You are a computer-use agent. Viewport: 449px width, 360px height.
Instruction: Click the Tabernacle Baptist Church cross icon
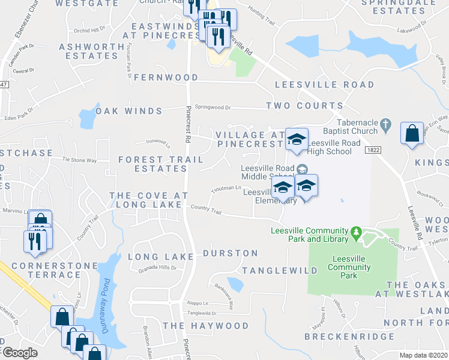pyautogui.click(x=387, y=126)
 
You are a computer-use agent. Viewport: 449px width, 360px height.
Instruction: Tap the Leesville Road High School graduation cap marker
pyautogui.click(x=296, y=140)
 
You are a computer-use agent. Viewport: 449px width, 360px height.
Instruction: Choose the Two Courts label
pyautogui.click(x=296, y=106)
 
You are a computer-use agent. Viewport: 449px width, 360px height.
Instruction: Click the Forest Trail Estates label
pyautogui.click(x=153, y=164)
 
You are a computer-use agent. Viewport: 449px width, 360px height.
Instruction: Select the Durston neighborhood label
pyautogui.click(x=231, y=253)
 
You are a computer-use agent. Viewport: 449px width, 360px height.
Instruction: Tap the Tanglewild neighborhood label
pyautogui.click(x=279, y=271)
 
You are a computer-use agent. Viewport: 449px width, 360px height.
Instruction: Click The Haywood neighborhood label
pyautogui.click(x=206, y=326)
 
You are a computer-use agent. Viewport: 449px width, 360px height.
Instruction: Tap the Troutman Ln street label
pyautogui.click(x=226, y=190)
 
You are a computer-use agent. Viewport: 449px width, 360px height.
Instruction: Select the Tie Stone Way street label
pyautogui.click(x=79, y=161)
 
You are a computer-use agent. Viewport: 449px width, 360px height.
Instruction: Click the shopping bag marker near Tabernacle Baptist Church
pyautogui.click(x=412, y=135)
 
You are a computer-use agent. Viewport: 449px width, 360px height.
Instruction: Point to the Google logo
pyautogui.click(x=20, y=353)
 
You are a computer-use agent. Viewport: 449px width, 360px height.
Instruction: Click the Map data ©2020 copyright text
pyautogui.click(x=423, y=355)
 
